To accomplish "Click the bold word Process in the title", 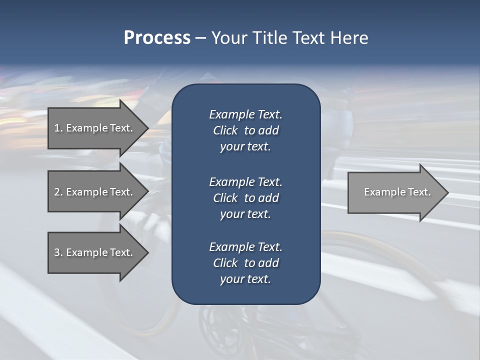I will [x=157, y=38].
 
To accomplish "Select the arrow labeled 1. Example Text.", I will [x=95, y=128].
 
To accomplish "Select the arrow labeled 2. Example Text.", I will [x=95, y=192].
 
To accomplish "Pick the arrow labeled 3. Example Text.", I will [x=95, y=252].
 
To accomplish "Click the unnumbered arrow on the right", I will [x=395, y=192].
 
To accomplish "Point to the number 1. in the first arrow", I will [x=58, y=128].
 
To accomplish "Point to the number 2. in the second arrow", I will [x=58, y=192].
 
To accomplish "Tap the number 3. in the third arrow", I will [x=58, y=252].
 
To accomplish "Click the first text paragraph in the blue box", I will [x=245, y=130].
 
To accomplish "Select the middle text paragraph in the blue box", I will [x=245, y=197].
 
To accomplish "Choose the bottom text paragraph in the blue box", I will [x=245, y=263].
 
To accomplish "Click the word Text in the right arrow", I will [x=420, y=192].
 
